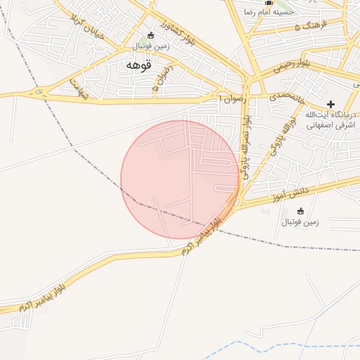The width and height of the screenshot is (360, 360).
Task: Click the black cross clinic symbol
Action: (x=330, y=103)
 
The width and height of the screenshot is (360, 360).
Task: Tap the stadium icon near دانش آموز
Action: (x=301, y=211)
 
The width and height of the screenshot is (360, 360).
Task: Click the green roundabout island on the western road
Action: (x=38, y=92)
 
